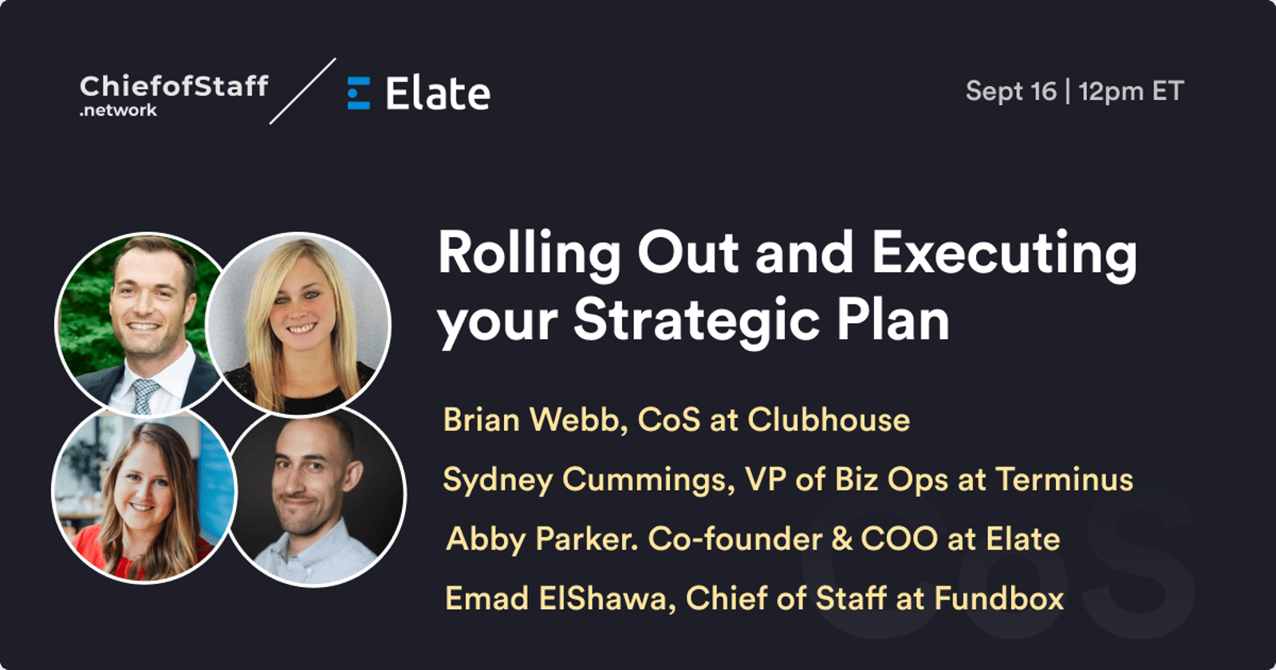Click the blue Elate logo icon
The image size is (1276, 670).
coord(358,93)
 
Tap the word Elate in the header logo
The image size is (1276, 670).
coord(438,93)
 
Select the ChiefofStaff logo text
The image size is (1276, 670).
coord(174,86)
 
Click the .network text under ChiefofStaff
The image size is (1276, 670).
coord(118,110)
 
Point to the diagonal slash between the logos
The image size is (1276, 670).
coord(302,91)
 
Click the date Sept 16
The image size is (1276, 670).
coord(1011,91)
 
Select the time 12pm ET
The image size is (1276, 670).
coord(1132,92)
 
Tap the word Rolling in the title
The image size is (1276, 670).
coord(530,254)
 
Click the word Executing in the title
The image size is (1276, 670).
coord(1005,254)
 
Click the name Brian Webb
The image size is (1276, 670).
coord(535,420)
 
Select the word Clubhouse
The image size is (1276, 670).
coord(829,420)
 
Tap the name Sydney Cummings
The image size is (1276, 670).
coord(588,479)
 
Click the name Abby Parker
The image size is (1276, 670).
coord(542,539)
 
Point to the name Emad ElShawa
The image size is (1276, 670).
coord(560,599)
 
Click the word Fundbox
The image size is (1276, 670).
coord(998,598)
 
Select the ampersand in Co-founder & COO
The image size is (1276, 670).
coord(842,539)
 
